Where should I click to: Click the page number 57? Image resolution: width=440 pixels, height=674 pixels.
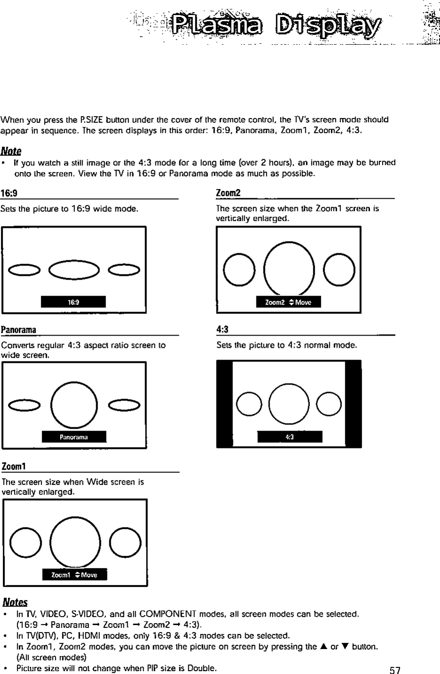(x=394, y=669)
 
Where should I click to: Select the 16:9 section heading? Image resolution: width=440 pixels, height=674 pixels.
(x=9, y=193)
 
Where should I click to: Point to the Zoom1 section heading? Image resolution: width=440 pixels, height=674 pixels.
(x=14, y=466)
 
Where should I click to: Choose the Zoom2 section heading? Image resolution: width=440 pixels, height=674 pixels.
(x=228, y=193)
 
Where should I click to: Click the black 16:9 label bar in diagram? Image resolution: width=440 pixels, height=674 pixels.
(x=73, y=302)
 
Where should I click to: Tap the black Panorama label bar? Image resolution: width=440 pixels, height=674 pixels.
(x=74, y=437)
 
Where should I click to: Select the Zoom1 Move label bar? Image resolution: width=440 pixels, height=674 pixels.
(x=75, y=575)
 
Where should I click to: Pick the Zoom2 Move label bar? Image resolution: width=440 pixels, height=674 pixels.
(x=288, y=302)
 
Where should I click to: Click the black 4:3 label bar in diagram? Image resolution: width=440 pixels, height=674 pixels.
(x=290, y=437)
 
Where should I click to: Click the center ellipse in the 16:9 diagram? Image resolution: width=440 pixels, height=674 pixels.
(x=74, y=269)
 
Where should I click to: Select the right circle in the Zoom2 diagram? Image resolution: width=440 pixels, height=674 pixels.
(x=339, y=269)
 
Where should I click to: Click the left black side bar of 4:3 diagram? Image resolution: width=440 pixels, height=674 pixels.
(x=224, y=404)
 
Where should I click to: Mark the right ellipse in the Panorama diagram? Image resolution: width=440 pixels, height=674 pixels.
(x=124, y=405)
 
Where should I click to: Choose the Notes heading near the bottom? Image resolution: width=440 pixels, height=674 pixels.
(x=15, y=602)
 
